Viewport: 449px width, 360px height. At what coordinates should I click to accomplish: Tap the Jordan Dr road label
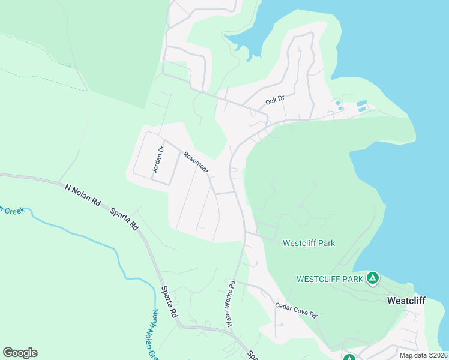coord(157,160)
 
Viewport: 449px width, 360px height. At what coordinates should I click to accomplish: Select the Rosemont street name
coord(196,163)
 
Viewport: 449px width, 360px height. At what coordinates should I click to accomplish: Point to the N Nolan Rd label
coord(83,196)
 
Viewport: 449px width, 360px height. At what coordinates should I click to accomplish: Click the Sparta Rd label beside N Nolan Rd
coord(124,220)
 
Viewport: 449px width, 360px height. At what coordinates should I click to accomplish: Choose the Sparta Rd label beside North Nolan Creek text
coord(169,302)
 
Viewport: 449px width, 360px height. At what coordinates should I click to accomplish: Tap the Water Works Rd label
coord(229,303)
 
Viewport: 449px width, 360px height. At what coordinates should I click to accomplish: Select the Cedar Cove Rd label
coord(295,310)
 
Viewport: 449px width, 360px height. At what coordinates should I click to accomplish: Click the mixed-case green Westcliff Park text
coord(309,243)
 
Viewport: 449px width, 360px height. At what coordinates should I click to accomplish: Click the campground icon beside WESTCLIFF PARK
coord(373,278)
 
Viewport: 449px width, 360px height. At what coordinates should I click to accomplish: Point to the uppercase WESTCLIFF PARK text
coord(330,279)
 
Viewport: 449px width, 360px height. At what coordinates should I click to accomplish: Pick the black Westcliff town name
coord(406,301)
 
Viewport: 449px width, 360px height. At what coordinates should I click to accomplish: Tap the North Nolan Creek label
coord(154,333)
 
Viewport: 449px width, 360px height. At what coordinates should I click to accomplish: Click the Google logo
coord(20,353)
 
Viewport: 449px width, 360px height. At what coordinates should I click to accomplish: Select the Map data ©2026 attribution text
coord(423,355)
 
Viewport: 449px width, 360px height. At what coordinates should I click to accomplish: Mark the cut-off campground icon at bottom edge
coord(349,357)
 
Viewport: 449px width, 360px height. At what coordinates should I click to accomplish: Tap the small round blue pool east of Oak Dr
coord(339,103)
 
